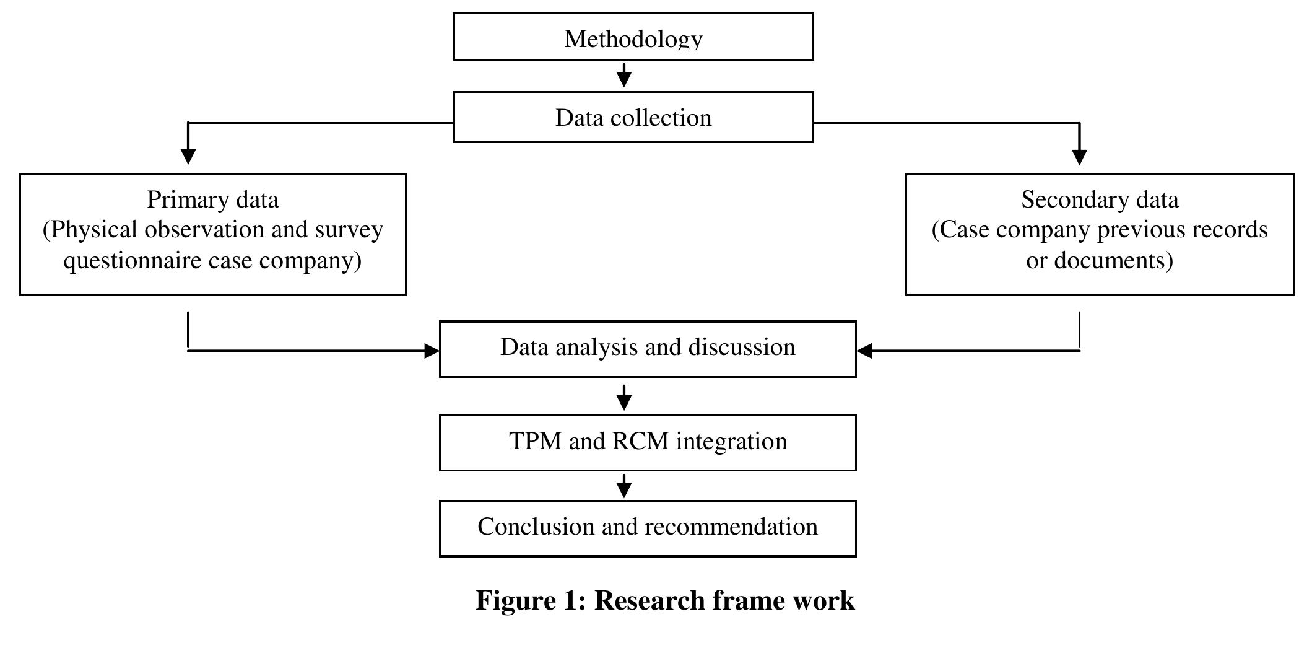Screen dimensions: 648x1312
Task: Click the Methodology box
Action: pyautogui.click(x=633, y=37)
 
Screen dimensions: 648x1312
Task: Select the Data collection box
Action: pyautogui.click(x=633, y=117)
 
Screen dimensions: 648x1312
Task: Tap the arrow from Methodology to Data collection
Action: pyautogui.click(x=624, y=76)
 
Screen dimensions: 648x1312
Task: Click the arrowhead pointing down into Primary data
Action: pyautogui.click(x=188, y=155)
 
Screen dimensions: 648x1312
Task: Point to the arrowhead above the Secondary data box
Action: pyautogui.click(x=1079, y=156)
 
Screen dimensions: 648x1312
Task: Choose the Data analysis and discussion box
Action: pyautogui.click(x=647, y=348)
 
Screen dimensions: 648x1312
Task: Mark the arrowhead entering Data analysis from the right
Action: pyautogui.click(x=864, y=351)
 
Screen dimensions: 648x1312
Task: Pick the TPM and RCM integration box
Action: pyautogui.click(x=647, y=442)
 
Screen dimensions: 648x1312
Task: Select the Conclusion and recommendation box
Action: pyautogui.click(x=647, y=528)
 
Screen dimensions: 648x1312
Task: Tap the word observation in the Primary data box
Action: pyautogui.click(x=204, y=230)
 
